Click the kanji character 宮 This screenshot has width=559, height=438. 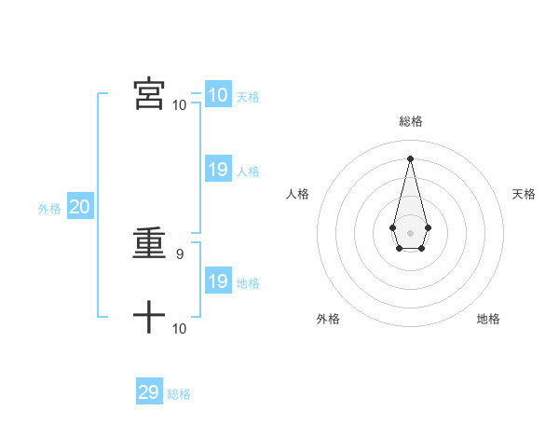(x=149, y=93)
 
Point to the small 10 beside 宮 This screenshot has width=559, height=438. (x=180, y=104)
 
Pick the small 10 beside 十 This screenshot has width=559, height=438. (x=180, y=328)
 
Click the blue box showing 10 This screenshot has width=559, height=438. (x=217, y=95)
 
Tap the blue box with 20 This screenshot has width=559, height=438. (x=79, y=207)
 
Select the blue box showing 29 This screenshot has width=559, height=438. (x=149, y=392)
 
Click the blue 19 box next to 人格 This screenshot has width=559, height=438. (x=217, y=170)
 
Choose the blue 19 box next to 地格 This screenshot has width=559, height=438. (x=217, y=281)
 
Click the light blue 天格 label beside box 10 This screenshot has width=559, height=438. (x=248, y=97)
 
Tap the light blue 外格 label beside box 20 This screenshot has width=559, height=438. (x=49, y=209)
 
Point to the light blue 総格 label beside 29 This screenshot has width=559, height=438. (x=179, y=394)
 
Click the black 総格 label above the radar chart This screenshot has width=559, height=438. (x=411, y=121)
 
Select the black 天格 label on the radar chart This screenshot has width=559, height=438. (x=524, y=194)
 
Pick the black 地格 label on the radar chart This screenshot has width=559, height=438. (x=488, y=319)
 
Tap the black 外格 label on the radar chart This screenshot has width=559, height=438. (x=328, y=319)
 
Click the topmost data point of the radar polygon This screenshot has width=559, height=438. (x=410, y=157)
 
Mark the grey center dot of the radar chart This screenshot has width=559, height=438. (x=410, y=232)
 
